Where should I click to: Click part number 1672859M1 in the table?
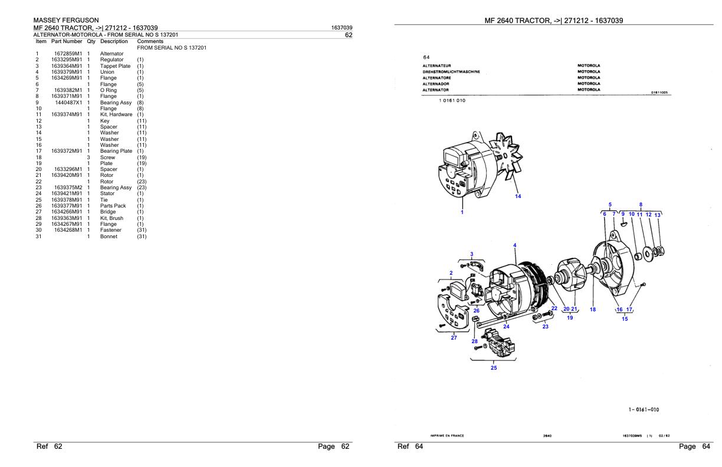pos(67,54)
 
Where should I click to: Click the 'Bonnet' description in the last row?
pos(109,236)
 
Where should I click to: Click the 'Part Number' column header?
pos(67,42)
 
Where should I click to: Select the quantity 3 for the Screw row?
pos(88,157)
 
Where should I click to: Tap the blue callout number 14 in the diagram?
pos(518,196)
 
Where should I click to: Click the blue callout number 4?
pos(514,245)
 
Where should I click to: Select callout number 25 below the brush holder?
pos(494,368)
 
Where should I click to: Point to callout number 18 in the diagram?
pos(593,309)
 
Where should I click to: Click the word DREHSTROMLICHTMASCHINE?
pos(451,71)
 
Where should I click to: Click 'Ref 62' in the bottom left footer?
pos(50,446)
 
